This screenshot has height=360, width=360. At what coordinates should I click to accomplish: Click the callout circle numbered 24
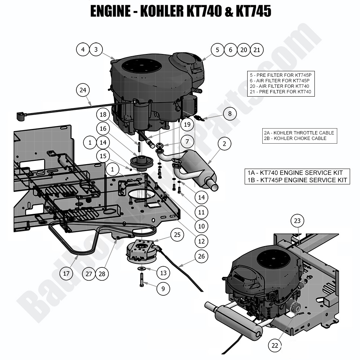pyautogui.click(x=83, y=90)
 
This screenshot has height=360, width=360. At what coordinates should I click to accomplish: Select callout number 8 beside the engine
pyautogui.click(x=230, y=114)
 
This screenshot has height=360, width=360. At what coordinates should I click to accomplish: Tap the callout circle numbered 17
pyautogui.click(x=66, y=273)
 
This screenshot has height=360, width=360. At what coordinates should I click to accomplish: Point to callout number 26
pyautogui.click(x=201, y=256)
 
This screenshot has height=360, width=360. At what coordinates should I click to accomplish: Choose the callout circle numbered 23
pyautogui.click(x=298, y=221)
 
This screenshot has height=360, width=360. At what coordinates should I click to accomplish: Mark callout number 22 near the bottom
pyautogui.click(x=275, y=345)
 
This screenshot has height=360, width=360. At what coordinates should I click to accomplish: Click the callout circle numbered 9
pyautogui.click(x=163, y=289)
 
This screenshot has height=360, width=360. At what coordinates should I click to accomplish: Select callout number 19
pyautogui.click(x=187, y=125)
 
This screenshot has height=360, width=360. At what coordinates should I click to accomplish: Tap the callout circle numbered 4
pyautogui.click(x=83, y=50)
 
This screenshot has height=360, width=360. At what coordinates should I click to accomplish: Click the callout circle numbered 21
pyautogui.click(x=257, y=50)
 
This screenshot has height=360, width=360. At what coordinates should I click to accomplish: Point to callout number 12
pyautogui.click(x=201, y=241)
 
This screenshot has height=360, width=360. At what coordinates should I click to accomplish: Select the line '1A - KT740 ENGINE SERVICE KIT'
pyautogui.click(x=295, y=173)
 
